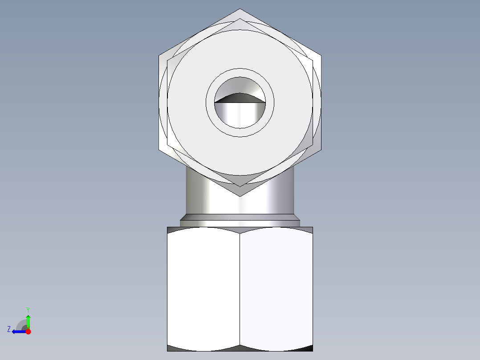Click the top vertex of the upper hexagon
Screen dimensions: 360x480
coord(240,9)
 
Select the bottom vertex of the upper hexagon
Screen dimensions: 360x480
coord(240,196)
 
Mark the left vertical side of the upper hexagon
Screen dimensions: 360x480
coord(159,102)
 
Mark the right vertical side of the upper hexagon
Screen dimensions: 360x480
coord(321,102)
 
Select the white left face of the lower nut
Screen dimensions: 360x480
coord(203,287)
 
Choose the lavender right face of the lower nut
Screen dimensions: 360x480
coord(276,287)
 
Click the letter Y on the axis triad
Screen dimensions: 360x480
coord(28,309)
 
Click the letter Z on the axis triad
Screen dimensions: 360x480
coord(9,329)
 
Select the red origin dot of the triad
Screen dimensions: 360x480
coord(28,331)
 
